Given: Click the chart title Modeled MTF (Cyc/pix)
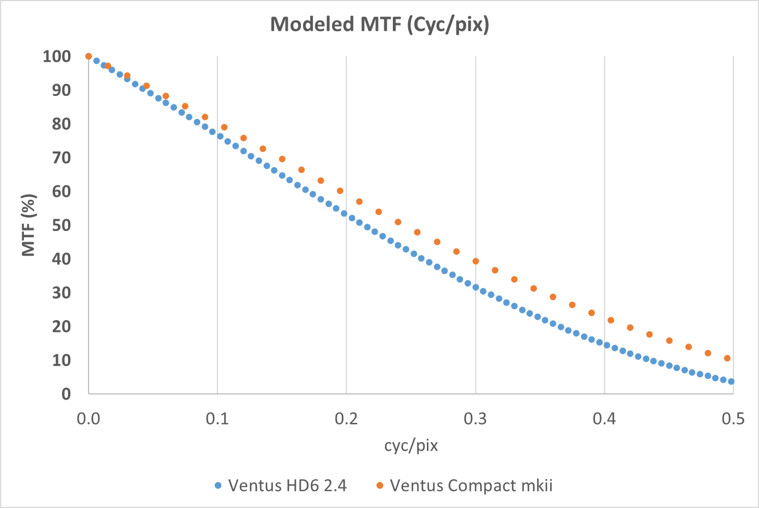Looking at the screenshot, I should (379, 26).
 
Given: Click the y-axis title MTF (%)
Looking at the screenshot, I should (28, 225).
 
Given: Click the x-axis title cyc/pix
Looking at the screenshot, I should (410, 446).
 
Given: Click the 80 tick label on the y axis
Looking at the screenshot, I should (62, 124).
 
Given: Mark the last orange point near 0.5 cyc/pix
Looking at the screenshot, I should (727, 358).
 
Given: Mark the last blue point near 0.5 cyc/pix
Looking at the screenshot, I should (731, 381).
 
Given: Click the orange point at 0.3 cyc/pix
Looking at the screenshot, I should (476, 261).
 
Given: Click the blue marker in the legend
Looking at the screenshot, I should (219, 486).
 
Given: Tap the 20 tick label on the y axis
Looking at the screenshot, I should (62, 326).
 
